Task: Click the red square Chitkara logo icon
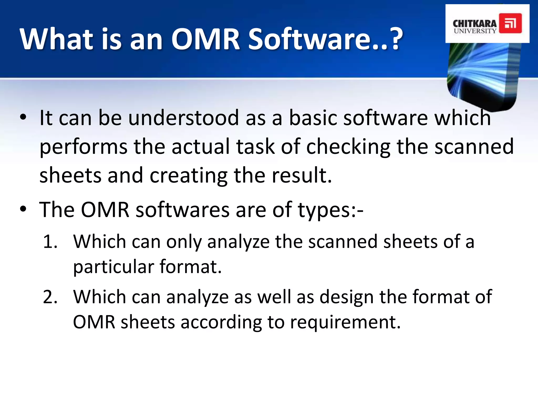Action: pos(510,23)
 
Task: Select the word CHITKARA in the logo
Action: pos(475,23)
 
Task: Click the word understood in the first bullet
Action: pos(183,118)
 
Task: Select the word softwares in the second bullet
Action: pos(183,210)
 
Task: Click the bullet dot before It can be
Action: pos(23,117)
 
